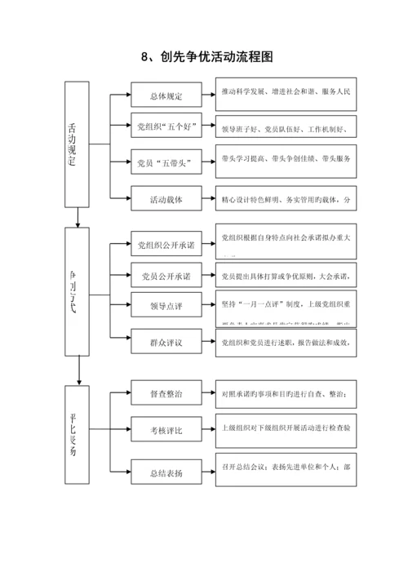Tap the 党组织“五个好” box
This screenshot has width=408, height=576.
tap(166, 127)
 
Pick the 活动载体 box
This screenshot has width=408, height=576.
tap(166, 198)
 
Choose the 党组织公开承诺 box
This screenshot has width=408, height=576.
tap(166, 245)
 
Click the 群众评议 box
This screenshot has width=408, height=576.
tap(166, 343)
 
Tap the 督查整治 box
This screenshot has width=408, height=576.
tap(166, 394)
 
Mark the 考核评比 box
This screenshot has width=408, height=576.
tap(166, 429)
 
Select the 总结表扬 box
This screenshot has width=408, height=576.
tap(166, 472)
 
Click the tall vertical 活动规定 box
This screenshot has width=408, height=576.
tap(77, 143)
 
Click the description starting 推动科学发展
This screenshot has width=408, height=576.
tap(285, 93)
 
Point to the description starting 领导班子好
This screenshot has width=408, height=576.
tap(285, 127)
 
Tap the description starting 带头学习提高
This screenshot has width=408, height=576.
tap(285, 159)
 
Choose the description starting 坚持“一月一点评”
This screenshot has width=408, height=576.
tap(285, 306)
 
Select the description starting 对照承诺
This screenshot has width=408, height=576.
tap(285, 396)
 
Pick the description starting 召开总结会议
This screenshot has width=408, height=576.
tap(285, 470)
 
